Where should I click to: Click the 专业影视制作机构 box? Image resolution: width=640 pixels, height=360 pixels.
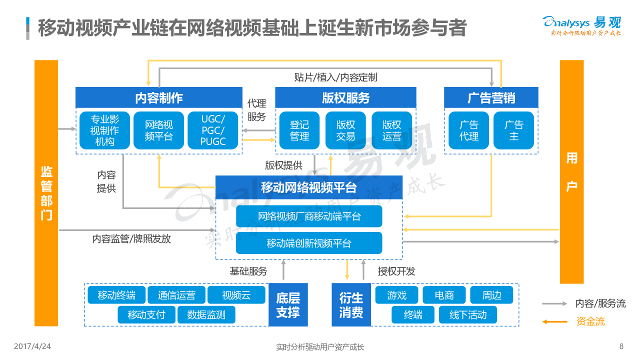tap(104, 130)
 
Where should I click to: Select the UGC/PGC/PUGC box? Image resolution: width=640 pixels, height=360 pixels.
tap(213, 130)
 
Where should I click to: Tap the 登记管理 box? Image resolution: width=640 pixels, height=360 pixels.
tap(299, 130)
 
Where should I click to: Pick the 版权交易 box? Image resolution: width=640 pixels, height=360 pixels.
tap(345, 130)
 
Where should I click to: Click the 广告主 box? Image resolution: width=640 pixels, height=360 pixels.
tap(513, 130)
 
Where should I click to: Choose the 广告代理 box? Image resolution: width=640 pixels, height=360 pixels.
tap(468, 130)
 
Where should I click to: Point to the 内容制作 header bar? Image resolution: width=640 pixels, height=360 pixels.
tap(158, 97)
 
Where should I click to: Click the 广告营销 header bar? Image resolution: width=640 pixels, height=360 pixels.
tap(491, 97)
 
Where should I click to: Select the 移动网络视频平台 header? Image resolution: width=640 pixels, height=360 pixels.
tap(308, 187)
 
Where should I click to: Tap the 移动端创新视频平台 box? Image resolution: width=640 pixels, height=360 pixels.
tap(309, 243)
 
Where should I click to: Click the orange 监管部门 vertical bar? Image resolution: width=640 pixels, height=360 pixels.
tap(46, 193)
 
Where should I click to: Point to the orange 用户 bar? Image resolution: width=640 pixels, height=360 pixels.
tap(571, 172)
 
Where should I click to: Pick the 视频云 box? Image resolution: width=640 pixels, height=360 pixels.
tap(236, 295)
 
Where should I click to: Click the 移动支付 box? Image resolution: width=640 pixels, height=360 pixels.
tap(146, 314)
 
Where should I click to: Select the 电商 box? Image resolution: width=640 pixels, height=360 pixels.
tap(444, 295)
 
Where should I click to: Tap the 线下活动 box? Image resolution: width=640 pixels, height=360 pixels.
tap(468, 314)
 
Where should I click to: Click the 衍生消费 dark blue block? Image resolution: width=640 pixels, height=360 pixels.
tap(351, 305)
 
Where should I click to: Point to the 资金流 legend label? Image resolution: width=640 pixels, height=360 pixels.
tap(590, 321)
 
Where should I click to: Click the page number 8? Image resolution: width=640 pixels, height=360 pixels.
tap(621, 346)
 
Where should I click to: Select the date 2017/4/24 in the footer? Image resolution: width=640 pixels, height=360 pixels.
tap(32, 346)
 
